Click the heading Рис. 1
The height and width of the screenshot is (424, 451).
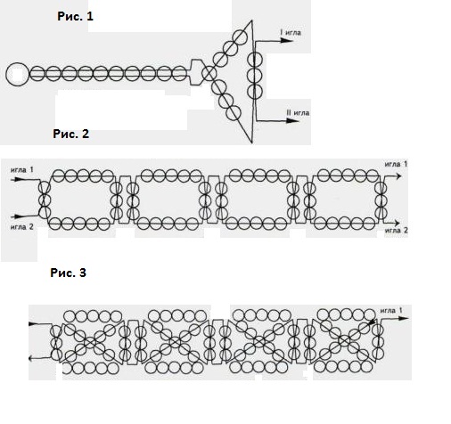click(75, 16)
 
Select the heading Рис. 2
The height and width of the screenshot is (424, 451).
click(71, 134)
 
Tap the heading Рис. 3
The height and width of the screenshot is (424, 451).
click(69, 273)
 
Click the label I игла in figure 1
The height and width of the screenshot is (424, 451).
click(291, 32)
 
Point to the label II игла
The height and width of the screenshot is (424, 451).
click(298, 113)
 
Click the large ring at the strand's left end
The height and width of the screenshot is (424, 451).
click(17, 74)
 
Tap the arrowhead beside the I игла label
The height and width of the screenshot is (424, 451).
click(287, 40)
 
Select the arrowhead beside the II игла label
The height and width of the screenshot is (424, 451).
click(292, 120)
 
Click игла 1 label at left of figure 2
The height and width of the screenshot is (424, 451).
click(22, 170)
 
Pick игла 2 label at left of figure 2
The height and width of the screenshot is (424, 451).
click(22, 227)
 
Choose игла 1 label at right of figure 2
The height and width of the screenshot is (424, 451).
click(396, 164)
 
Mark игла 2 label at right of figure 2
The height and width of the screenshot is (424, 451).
click(397, 230)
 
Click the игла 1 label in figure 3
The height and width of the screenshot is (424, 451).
click(391, 311)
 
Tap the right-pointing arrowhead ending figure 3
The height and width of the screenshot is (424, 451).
click(403, 318)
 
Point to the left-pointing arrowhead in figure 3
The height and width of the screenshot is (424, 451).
click(32, 359)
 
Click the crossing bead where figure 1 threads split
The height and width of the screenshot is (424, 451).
click(209, 73)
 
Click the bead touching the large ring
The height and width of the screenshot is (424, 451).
click(37, 73)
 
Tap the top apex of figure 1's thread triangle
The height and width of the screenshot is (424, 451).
click(252, 20)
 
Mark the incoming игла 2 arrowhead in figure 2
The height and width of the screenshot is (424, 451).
click(19, 216)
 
